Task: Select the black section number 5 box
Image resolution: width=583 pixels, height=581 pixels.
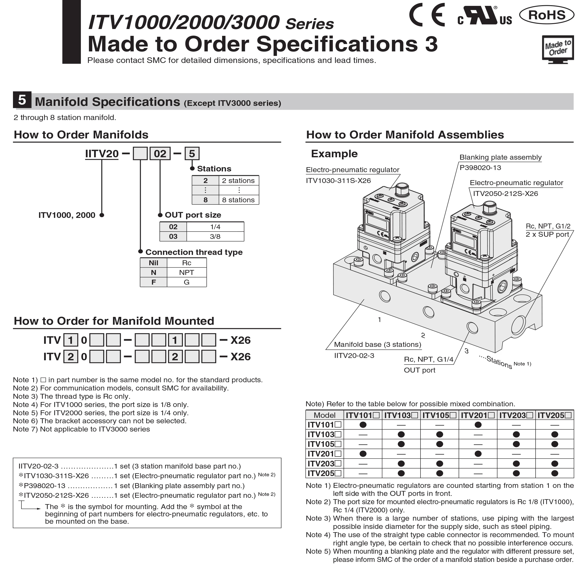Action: [x=22, y=100]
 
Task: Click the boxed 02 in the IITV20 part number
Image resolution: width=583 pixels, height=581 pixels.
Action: [x=160, y=154]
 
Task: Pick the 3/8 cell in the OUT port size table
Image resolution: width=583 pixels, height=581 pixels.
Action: [x=215, y=237]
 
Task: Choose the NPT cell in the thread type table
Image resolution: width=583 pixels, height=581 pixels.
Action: [x=187, y=272]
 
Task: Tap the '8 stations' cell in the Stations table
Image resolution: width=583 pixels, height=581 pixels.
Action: [x=238, y=200]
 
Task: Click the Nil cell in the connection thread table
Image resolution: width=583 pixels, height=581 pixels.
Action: [x=153, y=263]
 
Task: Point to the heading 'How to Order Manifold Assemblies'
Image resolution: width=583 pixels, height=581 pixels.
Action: [x=405, y=135]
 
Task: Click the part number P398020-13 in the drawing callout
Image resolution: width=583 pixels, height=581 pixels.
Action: [x=480, y=168]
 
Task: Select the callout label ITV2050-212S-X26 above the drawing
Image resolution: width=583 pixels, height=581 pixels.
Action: [x=505, y=194]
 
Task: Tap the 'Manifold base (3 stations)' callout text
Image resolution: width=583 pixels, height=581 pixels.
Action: [x=378, y=344]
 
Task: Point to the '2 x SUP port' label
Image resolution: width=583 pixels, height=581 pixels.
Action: [x=547, y=234]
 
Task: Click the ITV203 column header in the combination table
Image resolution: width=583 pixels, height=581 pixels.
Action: [x=516, y=415]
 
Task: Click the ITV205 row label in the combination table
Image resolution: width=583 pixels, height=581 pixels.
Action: [x=324, y=473]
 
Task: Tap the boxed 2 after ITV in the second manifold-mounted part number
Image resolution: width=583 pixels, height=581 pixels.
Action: [x=71, y=357]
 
